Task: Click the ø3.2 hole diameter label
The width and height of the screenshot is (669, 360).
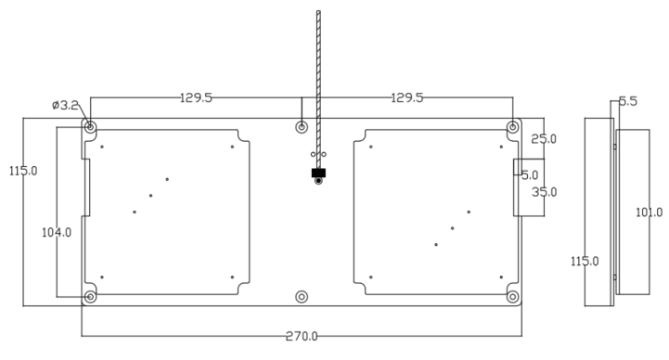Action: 65,105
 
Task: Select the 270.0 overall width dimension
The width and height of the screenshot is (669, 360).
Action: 302,337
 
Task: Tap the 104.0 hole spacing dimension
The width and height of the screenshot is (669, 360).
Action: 57,233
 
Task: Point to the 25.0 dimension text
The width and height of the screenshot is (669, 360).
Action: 544,139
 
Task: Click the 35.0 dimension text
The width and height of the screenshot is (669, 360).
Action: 545,192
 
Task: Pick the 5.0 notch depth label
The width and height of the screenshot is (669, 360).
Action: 530,175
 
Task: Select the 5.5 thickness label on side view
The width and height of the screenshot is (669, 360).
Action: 628,101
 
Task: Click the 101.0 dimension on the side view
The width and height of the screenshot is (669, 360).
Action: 650,212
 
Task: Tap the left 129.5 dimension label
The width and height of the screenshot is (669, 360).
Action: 196,98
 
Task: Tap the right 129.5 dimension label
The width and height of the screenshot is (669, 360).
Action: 407,98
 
